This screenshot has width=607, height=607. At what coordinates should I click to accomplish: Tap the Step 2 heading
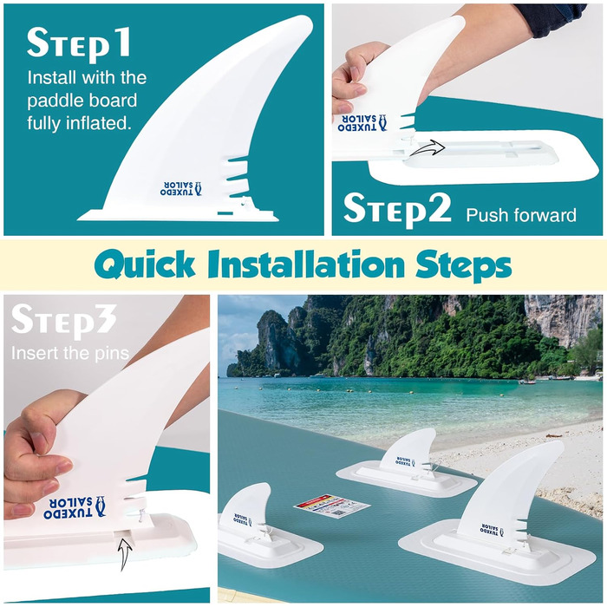[x=397, y=209]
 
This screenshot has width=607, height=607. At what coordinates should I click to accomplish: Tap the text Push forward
[x=521, y=215]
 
